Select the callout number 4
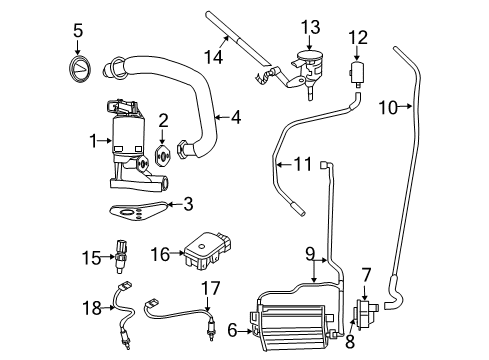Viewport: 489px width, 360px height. [x=236, y=117]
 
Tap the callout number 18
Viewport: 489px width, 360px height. [x=93, y=308]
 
